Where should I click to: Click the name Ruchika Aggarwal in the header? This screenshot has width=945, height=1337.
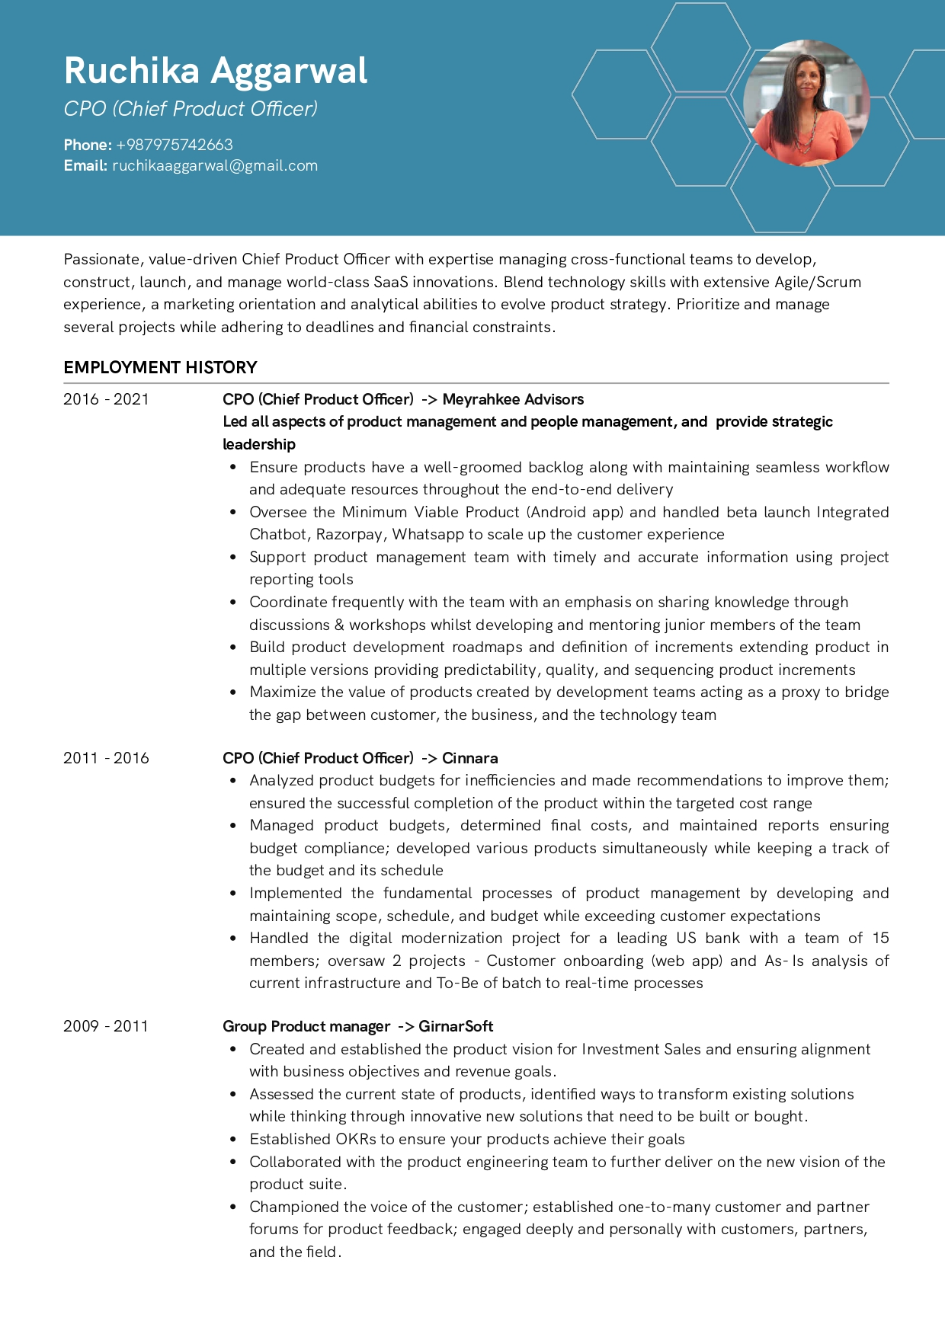pyautogui.click(x=216, y=71)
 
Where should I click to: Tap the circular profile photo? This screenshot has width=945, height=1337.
pyautogui.click(x=806, y=103)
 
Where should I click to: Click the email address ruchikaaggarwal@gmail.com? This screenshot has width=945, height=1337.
pyautogui.click(x=215, y=165)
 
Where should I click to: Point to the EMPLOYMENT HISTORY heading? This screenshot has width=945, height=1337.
pyautogui.click(x=160, y=367)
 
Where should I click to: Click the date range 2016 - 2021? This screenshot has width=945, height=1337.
pyautogui.click(x=106, y=399)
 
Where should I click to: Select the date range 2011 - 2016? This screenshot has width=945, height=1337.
pyautogui.click(x=106, y=758)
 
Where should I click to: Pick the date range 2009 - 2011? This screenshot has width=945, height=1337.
pyautogui.click(x=106, y=1026)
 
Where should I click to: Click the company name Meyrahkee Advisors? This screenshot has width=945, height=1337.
pyautogui.click(x=513, y=399)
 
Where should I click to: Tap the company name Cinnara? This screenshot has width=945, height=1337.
pyautogui.click(x=470, y=758)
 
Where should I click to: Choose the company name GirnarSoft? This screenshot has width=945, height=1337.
pyautogui.click(x=456, y=1026)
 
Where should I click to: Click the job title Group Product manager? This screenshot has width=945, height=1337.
pyautogui.click(x=306, y=1026)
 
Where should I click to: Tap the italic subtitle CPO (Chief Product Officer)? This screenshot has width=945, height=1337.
pyautogui.click(x=191, y=109)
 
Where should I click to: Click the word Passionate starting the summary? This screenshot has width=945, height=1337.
pyautogui.click(x=102, y=260)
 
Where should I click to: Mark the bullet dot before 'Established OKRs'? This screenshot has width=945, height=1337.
pyautogui.click(x=232, y=1139)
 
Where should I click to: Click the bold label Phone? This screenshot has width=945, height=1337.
pyautogui.click(x=88, y=145)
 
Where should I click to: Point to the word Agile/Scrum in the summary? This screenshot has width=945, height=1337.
pyautogui.click(x=818, y=282)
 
